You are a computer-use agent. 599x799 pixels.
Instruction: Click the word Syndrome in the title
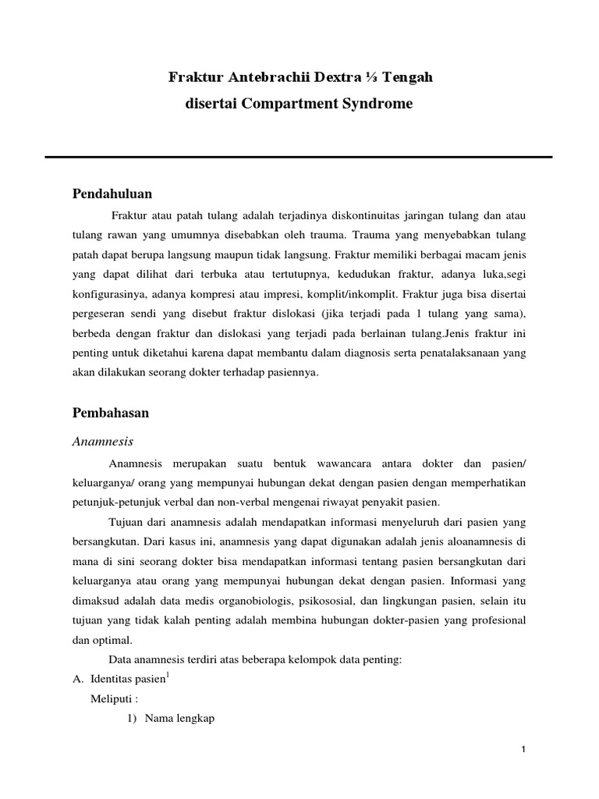pyautogui.click(x=381, y=103)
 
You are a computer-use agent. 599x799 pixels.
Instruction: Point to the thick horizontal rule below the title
pyautogui.click(x=299, y=157)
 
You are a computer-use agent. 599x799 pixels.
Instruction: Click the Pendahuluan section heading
pyautogui.click(x=112, y=194)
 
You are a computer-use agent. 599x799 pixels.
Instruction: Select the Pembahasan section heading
pyautogui.click(x=111, y=414)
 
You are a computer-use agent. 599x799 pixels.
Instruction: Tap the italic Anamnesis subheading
pyautogui.click(x=103, y=442)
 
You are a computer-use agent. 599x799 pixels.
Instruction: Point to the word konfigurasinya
pyautogui.click(x=116, y=296)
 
